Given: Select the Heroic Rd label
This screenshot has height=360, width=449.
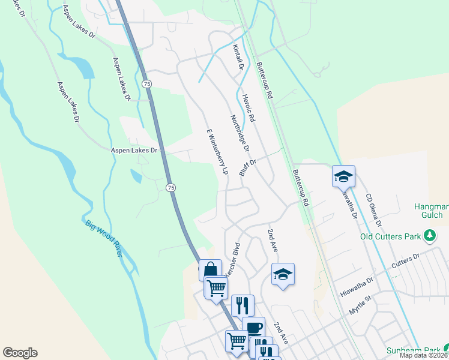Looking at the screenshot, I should click(249, 108).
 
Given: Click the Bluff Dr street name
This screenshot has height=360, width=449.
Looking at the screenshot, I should click(248, 167).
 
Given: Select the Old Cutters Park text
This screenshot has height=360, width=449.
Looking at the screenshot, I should click(390, 236).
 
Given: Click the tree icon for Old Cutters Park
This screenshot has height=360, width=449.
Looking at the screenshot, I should click(430, 236).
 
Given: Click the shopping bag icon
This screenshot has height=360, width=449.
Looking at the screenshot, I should click(210, 269).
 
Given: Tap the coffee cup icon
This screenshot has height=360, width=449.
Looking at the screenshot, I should click(253, 327).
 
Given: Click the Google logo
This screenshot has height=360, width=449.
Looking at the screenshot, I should click(20, 353).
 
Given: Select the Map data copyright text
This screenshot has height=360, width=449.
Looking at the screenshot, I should click(424, 355).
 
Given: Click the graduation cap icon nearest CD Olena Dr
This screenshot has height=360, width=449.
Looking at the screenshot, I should click(343, 176).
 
